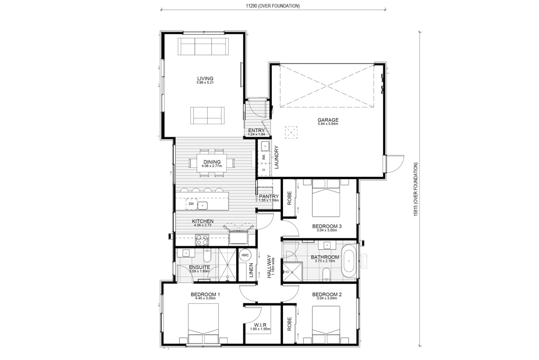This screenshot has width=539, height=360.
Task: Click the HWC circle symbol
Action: point(245,255)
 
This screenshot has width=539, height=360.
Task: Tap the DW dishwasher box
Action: point(191,204)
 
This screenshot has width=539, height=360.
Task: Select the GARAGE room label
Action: point(328,120)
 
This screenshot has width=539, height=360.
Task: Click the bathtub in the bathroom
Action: point(349,261)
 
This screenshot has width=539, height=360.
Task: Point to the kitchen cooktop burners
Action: point(202,240)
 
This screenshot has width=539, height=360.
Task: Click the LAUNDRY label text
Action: point(276,157)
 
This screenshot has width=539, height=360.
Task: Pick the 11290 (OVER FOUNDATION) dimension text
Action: point(273,6)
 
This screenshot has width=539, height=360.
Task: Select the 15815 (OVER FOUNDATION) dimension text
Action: point(416,189)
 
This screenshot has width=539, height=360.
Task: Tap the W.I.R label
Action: point(261,325)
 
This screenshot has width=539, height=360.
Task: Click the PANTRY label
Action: point(269,196)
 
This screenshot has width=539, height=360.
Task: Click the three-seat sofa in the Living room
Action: point(203,46)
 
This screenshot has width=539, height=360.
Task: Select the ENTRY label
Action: point(256,130)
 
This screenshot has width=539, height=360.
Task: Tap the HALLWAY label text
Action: point(269,266)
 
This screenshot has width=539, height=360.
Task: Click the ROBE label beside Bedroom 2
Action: point(289,324)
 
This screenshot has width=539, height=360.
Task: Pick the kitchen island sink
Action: point(202,206)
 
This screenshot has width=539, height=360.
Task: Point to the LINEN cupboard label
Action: point(251,270)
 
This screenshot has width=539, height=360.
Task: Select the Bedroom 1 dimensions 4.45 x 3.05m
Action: point(205,298)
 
